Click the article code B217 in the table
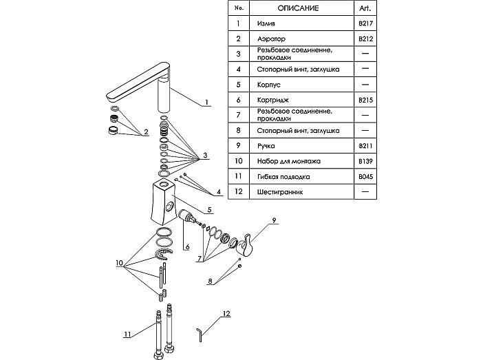click(x=365, y=23)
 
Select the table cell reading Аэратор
click(x=271, y=39)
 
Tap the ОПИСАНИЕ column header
click(x=298, y=8)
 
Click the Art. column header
click(x=365, y=8)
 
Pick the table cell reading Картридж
click(x=273, y=100)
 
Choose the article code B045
click(x=365, y=177)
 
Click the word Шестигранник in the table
click(x=280, y=192)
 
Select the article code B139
click(x=365, y=161)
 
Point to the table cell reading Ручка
click(x=266, y=146)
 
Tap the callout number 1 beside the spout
click(x=206, y=102)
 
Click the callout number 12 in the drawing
click(x=226, y=313)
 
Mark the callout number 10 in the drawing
click(x=119, y=263)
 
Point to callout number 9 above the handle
click(x=274, y=220)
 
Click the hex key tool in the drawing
click(x=200, y=335)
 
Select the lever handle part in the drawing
click(x=246, y=244)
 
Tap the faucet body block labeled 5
click(x=164, y=201)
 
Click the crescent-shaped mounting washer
click(x=164, y=254)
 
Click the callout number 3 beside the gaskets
click(x=205, y=156)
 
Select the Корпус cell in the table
click(x=268, y=85)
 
